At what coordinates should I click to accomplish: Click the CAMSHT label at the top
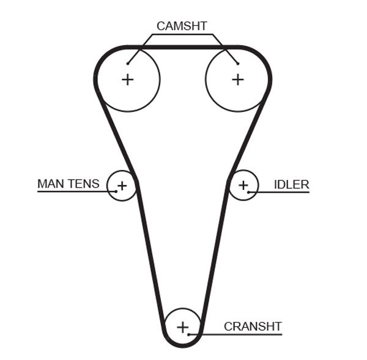[x=182, y=26]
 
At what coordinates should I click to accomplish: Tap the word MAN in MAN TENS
[x=51, y=184]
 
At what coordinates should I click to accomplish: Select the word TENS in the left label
[x=83, y=184]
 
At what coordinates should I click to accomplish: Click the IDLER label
[x=291, y=185]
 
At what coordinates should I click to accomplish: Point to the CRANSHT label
[x=253, y=326]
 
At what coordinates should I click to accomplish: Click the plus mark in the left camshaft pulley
[x=127, y=79]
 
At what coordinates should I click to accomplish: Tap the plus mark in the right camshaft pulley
[x=237, y=79]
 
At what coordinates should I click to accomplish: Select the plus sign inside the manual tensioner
[x=121, y=185]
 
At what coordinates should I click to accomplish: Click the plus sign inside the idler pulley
[x=243, y=185]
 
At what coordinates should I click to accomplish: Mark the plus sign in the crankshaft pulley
[x=182, y=327]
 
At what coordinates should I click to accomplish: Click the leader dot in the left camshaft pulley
[x=128, y=63]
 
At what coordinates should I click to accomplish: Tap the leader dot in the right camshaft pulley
[x=237, y=63]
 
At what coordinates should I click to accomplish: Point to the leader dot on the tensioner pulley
[x=115, y=192]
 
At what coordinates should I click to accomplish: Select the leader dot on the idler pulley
[x=249, y=193]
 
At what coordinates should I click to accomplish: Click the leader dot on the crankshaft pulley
[x=190, y=334]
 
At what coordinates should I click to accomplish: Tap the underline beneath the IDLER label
[x=281, y=193]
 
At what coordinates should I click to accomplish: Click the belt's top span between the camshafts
[x=182, y=46]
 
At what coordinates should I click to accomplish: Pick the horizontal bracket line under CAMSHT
[x=182, y=35]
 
